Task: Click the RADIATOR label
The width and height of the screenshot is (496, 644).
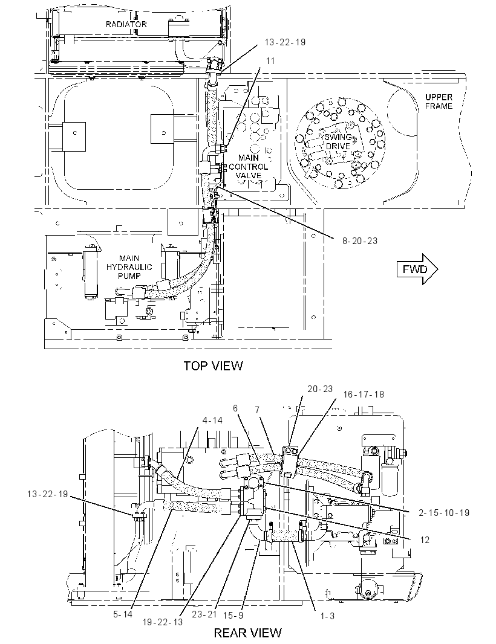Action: click(126, 24)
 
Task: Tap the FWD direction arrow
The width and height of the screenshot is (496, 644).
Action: click(417, 269)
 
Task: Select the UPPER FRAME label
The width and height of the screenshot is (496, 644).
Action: click(439, 101)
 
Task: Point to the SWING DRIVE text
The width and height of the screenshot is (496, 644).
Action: click(338, 142)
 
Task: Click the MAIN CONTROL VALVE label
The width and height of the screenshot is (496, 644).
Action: click(249, 166)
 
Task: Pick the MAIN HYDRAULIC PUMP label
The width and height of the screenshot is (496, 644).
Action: click(129, 267)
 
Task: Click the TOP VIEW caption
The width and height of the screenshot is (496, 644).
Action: click(213, 365)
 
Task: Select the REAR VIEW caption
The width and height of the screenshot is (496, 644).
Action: click(248, 632)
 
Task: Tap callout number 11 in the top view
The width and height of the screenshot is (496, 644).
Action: click(270, 61)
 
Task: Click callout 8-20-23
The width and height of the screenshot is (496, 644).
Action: click(360, 241)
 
